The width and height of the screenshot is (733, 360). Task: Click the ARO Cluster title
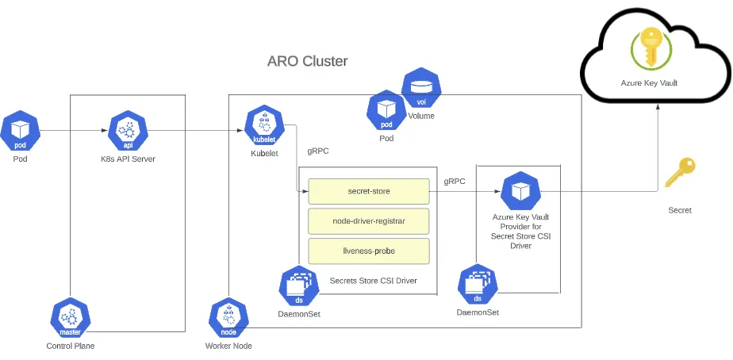click(307, 61)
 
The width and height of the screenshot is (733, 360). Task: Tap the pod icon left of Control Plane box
click(20, 131)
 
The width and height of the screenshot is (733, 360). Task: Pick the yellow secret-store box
click(368, 191)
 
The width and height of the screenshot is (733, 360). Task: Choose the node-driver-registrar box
click(368, 221)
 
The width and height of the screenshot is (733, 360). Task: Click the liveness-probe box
click(368, 251)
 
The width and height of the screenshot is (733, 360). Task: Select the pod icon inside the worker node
click(386, 112)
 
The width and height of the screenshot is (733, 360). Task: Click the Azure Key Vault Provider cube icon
click(520, 191)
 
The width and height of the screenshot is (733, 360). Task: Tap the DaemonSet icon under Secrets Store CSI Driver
click(299, 286)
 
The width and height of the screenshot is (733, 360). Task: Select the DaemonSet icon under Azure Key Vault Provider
click(478, 286)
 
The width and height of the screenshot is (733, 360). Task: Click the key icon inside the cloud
click(649, 47)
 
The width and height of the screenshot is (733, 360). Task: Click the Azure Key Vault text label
click(648, 82)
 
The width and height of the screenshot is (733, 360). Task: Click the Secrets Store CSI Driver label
click(373, 280)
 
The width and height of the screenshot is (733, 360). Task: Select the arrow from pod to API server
click(71, 131)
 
